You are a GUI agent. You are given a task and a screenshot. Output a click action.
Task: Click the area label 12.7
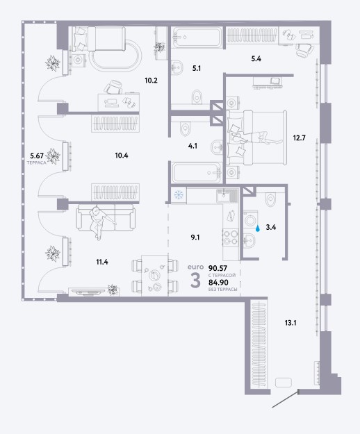coord(299,137)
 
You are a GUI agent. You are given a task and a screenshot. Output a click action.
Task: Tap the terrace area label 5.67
coord(38,156)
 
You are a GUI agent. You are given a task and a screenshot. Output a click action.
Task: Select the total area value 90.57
coord(218,268)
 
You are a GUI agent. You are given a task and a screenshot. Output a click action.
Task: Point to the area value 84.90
coord(218,283)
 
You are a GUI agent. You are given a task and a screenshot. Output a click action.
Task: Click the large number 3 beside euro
coord(195,280)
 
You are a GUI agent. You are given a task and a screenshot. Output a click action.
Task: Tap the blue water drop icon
coord(258,228)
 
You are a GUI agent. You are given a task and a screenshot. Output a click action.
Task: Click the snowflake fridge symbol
coord(179,195)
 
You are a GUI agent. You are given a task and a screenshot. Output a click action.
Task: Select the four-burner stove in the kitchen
coord(231,237)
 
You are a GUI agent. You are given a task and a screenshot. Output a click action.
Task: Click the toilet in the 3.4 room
coord(270,199)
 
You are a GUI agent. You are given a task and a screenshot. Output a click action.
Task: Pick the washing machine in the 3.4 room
coord(251,221)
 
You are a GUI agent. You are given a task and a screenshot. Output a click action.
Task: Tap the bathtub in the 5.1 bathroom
coord(197,37)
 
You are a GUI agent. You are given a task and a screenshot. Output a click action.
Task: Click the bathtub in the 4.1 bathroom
coord(197,172)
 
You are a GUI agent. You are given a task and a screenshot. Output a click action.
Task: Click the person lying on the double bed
coord(255,137)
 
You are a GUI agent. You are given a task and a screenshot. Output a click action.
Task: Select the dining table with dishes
coord(154,275)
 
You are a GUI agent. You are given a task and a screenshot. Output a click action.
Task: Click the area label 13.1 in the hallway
coord(291,323)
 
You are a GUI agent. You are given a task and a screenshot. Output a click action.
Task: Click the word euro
coord(195,267)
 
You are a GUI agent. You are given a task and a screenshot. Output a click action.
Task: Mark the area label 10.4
coord(122,156)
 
